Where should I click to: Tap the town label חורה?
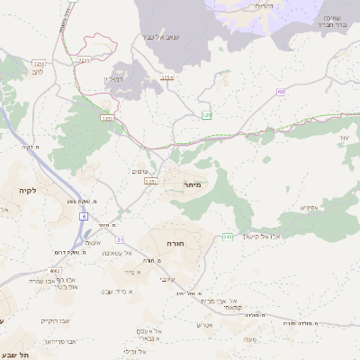click(x=175, y=243)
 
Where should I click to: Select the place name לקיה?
click(x=24, y=192)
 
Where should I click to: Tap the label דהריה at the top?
click(x=264, y=6)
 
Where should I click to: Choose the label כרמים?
click(x=139, y=171)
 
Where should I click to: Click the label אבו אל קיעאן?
click(x=266, y=237)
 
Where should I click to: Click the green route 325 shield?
click(x=206, y=115)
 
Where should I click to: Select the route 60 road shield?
click(x=281, y=92)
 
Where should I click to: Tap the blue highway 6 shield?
click(x=84, y=217)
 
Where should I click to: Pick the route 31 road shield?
click(x=120, y=240)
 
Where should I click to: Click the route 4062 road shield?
click(x=55, y=270)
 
